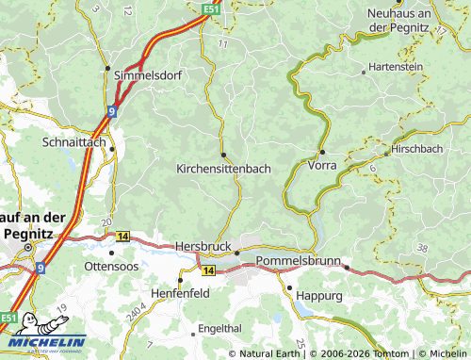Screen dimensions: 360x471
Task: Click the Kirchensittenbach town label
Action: pyautogui.click(x=223, y=168)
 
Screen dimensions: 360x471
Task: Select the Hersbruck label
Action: pyautogui.click(x=203, y=246)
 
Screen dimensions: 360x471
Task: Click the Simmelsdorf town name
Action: pyautogui.click(x=147, y=74)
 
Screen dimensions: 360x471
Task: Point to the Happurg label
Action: pyautogui.click(x=318, y=295)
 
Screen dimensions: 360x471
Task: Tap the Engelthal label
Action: pyautogui.click(x=219, y=331)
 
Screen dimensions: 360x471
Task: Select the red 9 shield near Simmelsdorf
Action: pyautogui.click(x=111, y=110)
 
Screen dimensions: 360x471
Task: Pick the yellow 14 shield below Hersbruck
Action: pyautogui.click(x=208, y=270)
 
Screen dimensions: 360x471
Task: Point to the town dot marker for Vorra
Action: pyautogui.click(x=322, y=152)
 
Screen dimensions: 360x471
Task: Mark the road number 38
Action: pyautogui.click(x=421, y=247)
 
